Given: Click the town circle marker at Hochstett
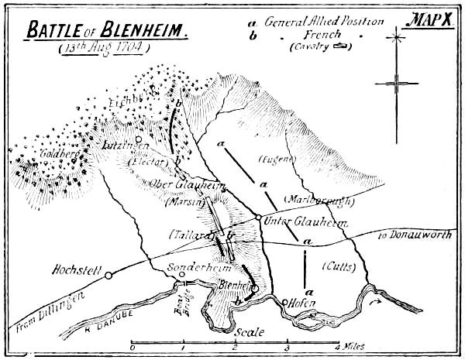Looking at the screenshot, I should [x=108, y=275].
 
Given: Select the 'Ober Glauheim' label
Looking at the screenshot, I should [x=177, y=184].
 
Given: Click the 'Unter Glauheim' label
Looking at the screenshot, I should [x=293, y=224].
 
